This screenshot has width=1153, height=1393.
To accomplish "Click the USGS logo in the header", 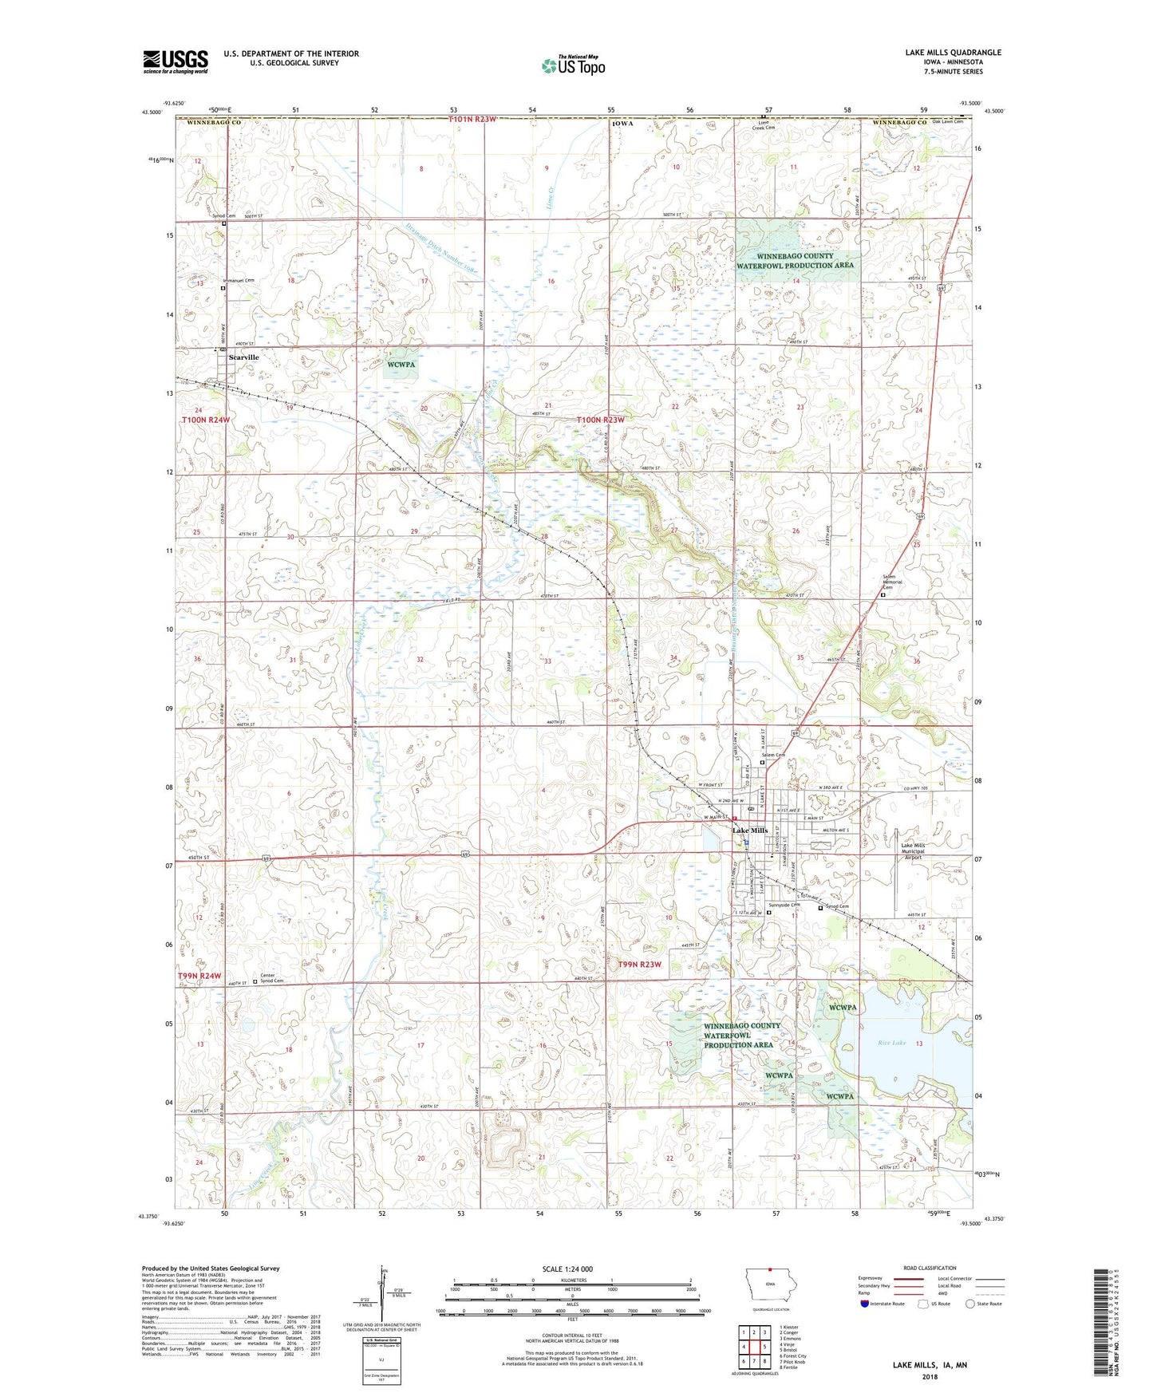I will coord(176,61).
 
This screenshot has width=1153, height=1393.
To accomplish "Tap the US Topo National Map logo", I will coord(573,65).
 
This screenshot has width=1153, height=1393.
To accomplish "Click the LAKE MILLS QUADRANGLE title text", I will coord(953,53).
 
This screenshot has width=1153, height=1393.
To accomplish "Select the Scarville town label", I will coord(243,357).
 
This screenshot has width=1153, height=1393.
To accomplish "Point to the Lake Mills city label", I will coord(750,831).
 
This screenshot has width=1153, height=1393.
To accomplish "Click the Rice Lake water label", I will coord(891,1043).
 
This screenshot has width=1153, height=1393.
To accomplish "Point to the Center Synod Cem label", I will coord(271,978).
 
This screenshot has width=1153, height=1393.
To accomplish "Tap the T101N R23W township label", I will coord(472,119).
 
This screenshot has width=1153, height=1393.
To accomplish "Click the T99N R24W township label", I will coord(199,976).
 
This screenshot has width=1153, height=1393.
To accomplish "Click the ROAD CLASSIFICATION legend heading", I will coord(930,1268).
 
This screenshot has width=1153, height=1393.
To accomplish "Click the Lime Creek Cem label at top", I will coord(764,125).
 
